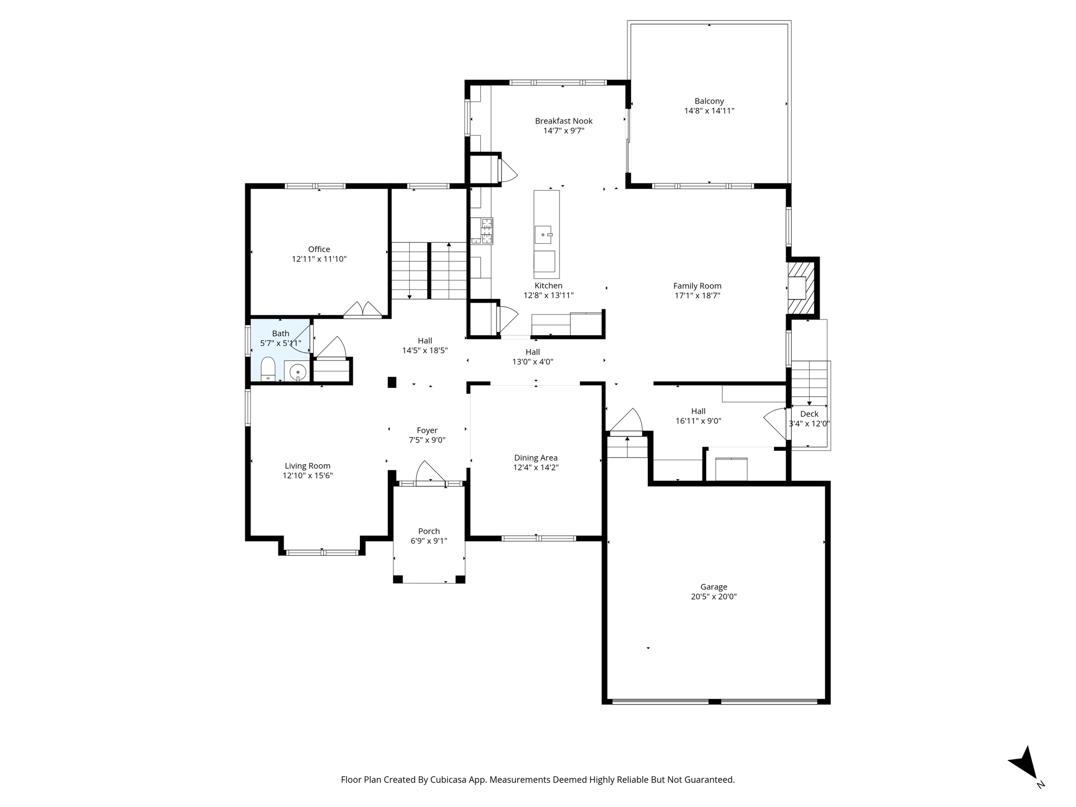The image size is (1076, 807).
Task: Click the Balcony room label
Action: [x=709, y=101]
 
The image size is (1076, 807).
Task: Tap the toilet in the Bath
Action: [x=268, y=369]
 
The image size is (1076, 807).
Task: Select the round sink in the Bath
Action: [x=297, y=371]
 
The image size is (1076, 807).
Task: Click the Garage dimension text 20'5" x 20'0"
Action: [x=713, y=597]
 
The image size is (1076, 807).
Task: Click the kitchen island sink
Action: [x=543, y=235]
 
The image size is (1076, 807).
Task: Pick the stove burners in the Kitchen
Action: [x=482, y=231]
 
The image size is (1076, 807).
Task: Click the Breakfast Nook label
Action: [x=563, y=121]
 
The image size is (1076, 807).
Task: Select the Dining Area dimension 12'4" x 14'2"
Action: [x=535, y=468]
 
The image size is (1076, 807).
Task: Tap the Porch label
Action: [x=429, y=531]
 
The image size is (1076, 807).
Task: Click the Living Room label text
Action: [x=307, y=466]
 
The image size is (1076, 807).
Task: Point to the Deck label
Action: [x=809, y=414]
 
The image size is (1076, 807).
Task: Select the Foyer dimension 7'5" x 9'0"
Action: [x=427, y=440]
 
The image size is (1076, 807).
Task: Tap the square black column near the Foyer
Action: [x=391, y=382]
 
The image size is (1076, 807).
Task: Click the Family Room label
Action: [x=697, y=286]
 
